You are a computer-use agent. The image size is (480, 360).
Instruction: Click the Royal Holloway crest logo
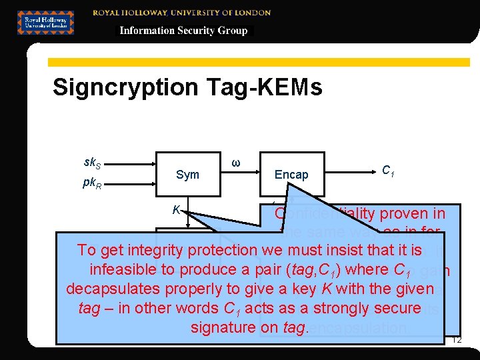[45, 22]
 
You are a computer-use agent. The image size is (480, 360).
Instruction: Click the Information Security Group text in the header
[183, 31]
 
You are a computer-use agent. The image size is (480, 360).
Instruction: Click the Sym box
[187, 175]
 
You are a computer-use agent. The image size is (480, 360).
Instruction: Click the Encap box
[292, 175]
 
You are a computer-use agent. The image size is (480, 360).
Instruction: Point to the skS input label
[93, 162]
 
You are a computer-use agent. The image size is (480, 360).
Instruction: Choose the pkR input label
[93, 182]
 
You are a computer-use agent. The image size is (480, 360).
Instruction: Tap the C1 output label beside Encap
[387, 170]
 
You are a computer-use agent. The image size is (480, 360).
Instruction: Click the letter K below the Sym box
[176, 210]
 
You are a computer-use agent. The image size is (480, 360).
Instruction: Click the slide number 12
[457, 340]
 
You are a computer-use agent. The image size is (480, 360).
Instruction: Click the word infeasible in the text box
[121, 269]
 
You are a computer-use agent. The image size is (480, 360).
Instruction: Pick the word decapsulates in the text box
[115, 289]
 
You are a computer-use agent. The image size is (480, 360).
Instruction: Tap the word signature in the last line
[221, 327]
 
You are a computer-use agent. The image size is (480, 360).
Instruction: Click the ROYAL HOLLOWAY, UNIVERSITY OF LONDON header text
[182, 12]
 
